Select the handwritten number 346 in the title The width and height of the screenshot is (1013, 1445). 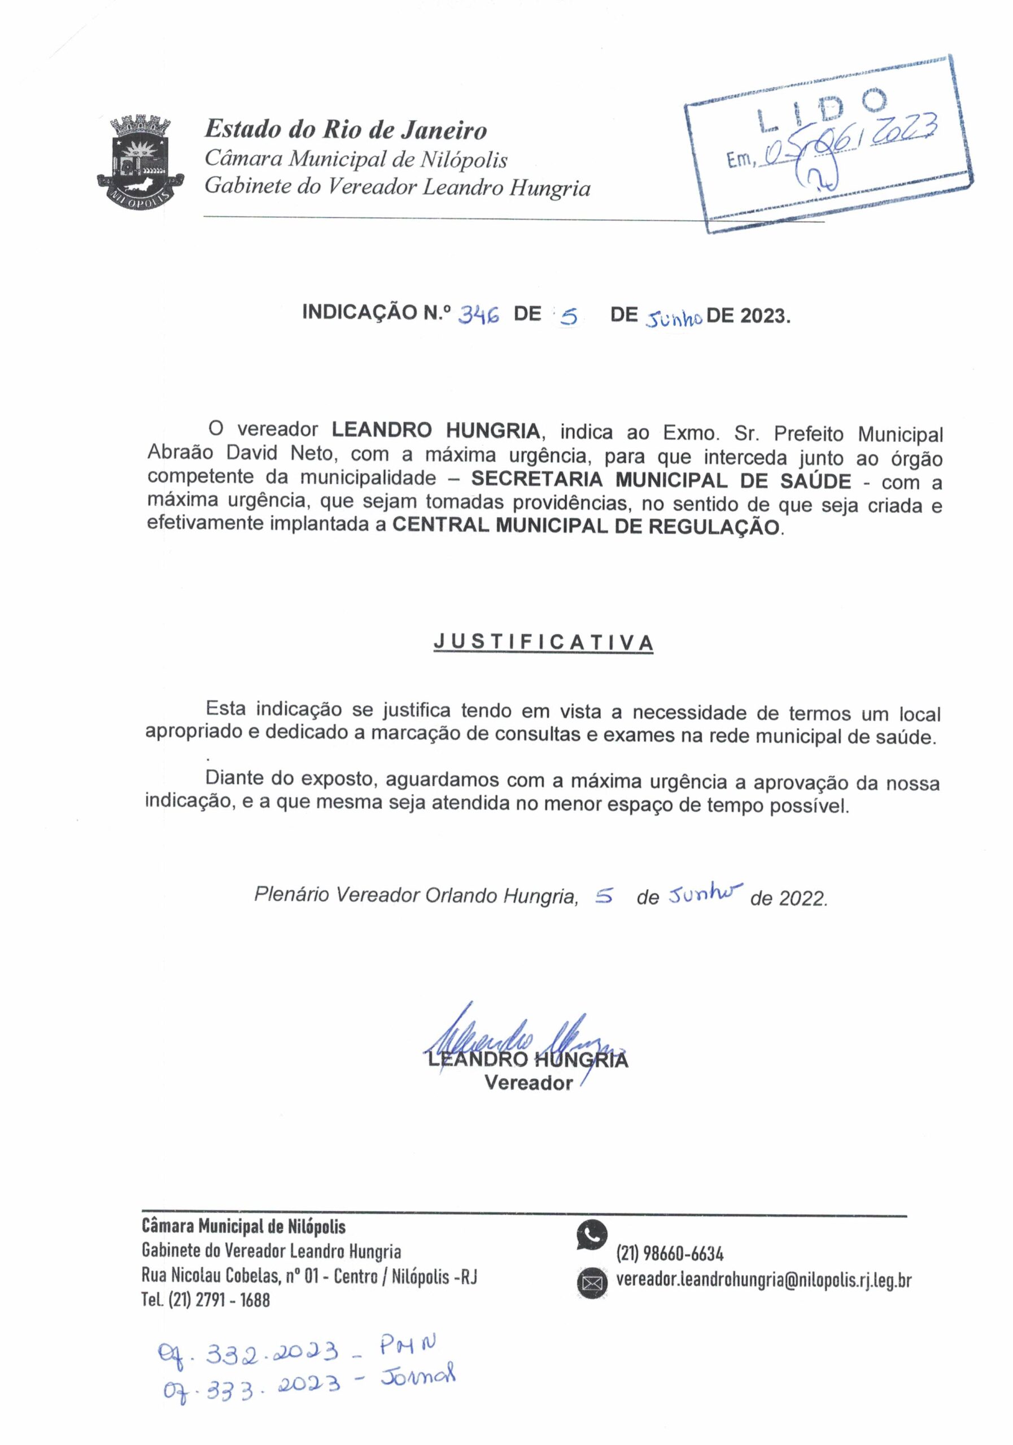tap(478, 314)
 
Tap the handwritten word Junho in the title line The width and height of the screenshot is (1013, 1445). tap(673, 318)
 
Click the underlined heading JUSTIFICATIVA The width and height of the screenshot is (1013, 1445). tap(543, 642)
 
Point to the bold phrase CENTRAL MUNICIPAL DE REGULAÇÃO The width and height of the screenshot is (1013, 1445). tap(586, 526)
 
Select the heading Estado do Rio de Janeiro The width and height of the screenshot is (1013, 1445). tap(346, 130)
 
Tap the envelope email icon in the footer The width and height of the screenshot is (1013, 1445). tap(592, 1282)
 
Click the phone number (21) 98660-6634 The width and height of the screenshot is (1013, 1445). tap(670, 1254)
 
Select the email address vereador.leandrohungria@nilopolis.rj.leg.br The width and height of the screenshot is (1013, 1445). tap(763, 1280)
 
